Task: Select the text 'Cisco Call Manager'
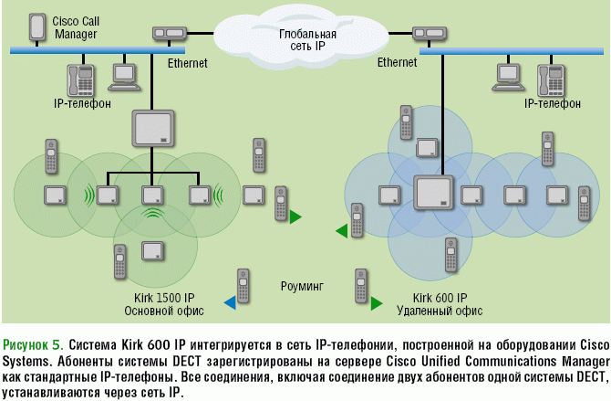tap(78, 27)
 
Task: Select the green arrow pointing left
tap(340, 232)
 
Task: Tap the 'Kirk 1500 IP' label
tap(164, 299)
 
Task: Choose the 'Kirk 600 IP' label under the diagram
tap(440, 299)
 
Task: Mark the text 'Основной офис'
tap(164, 311)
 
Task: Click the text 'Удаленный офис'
tap(440, 311)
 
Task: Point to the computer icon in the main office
tap(124, 76)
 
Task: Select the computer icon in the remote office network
tap(507, 76)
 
